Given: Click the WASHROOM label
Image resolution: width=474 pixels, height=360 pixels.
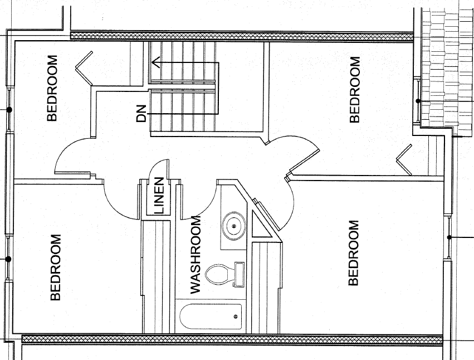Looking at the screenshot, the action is point(196,255).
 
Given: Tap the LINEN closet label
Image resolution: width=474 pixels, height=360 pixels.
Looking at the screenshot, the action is point(159,196).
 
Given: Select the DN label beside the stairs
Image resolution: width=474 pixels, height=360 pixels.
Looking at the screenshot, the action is point(141,114).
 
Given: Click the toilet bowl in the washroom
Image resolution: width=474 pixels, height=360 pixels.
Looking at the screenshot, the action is point(216,274).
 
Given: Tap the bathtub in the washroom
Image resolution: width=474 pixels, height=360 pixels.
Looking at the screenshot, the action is point(211,317).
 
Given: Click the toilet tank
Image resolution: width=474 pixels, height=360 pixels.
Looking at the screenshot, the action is point(239,274).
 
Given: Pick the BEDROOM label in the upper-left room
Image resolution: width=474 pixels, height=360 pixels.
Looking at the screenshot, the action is point(52,88).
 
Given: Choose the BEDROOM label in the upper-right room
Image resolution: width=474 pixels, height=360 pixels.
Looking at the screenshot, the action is point(355,90).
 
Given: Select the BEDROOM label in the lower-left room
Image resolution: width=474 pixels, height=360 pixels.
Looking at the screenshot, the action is point(56,267).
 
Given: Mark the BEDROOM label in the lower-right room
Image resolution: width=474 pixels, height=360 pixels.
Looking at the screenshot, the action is point(353,253).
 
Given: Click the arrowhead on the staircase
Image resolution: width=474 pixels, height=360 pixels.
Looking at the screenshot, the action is point(155,63).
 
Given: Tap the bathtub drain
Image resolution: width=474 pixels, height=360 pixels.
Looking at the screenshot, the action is point(236,317).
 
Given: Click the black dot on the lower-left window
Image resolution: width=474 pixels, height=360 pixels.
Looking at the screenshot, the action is point(8,259).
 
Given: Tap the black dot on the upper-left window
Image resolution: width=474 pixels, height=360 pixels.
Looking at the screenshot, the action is point(9,110).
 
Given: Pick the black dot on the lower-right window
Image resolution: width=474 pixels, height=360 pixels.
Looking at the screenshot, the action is point(449,237).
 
